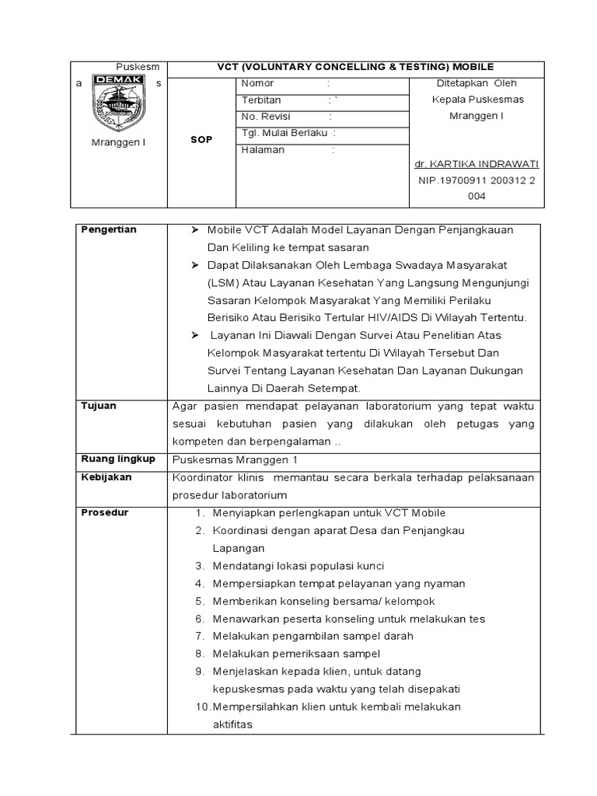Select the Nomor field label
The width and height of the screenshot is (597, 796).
coord(257,83)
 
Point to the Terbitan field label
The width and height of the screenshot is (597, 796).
coord(261,100)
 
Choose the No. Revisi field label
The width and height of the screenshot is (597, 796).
coord(264,117)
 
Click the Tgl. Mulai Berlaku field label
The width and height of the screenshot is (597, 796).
coord(284,133)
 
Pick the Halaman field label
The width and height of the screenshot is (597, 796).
coord(263,150)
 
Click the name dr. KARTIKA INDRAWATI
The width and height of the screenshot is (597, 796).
coord(476,164)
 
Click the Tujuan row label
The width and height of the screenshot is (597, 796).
coord(99,405)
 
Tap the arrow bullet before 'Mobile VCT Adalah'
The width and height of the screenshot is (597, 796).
coord(195,230)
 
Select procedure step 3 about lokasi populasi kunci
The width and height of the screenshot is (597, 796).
coord(290,566)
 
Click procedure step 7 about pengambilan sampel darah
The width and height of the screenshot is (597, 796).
coord(304,636)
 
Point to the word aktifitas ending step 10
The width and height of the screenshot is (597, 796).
coord(232,724)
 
